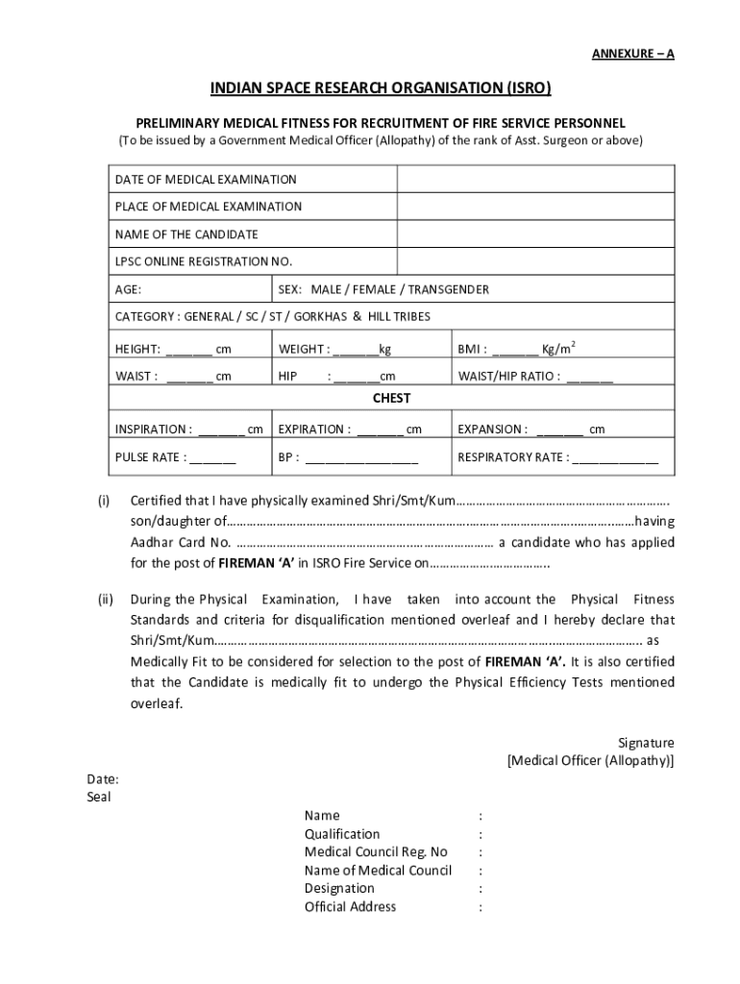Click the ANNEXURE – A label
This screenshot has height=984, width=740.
(632, 54)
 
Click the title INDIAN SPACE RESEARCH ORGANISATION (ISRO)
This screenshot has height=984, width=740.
(382, 89)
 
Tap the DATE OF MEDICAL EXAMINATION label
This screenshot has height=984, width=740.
(206, 180)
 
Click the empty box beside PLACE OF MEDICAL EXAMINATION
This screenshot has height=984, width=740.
(535, 207)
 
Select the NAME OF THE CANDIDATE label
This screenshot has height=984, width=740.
(186, 234)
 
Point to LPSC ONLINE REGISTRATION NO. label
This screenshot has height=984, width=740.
(203, 261)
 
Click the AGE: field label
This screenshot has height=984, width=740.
(130, 289)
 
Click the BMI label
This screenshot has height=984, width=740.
(472, 349)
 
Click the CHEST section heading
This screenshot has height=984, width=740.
(391, 398)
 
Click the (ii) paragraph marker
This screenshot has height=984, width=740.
(106, 599)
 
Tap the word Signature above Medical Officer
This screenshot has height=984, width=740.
(645, 743)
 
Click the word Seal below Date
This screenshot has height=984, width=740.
(99, 797)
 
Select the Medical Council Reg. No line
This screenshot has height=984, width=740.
(376, 851)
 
